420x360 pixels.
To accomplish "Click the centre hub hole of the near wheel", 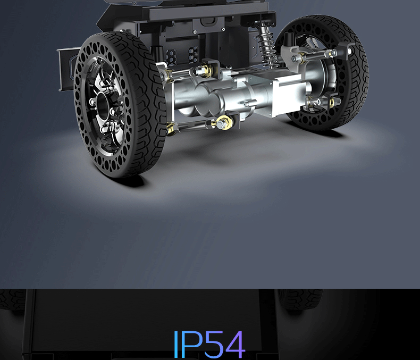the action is [102, 105].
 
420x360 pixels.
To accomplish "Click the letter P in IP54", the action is [192, 344].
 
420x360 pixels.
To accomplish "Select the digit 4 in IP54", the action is [235, 344].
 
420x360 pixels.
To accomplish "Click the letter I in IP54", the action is [176, 344].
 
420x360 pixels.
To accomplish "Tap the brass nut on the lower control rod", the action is [224, 123].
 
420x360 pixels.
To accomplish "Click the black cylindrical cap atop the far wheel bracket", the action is [289, 38].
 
